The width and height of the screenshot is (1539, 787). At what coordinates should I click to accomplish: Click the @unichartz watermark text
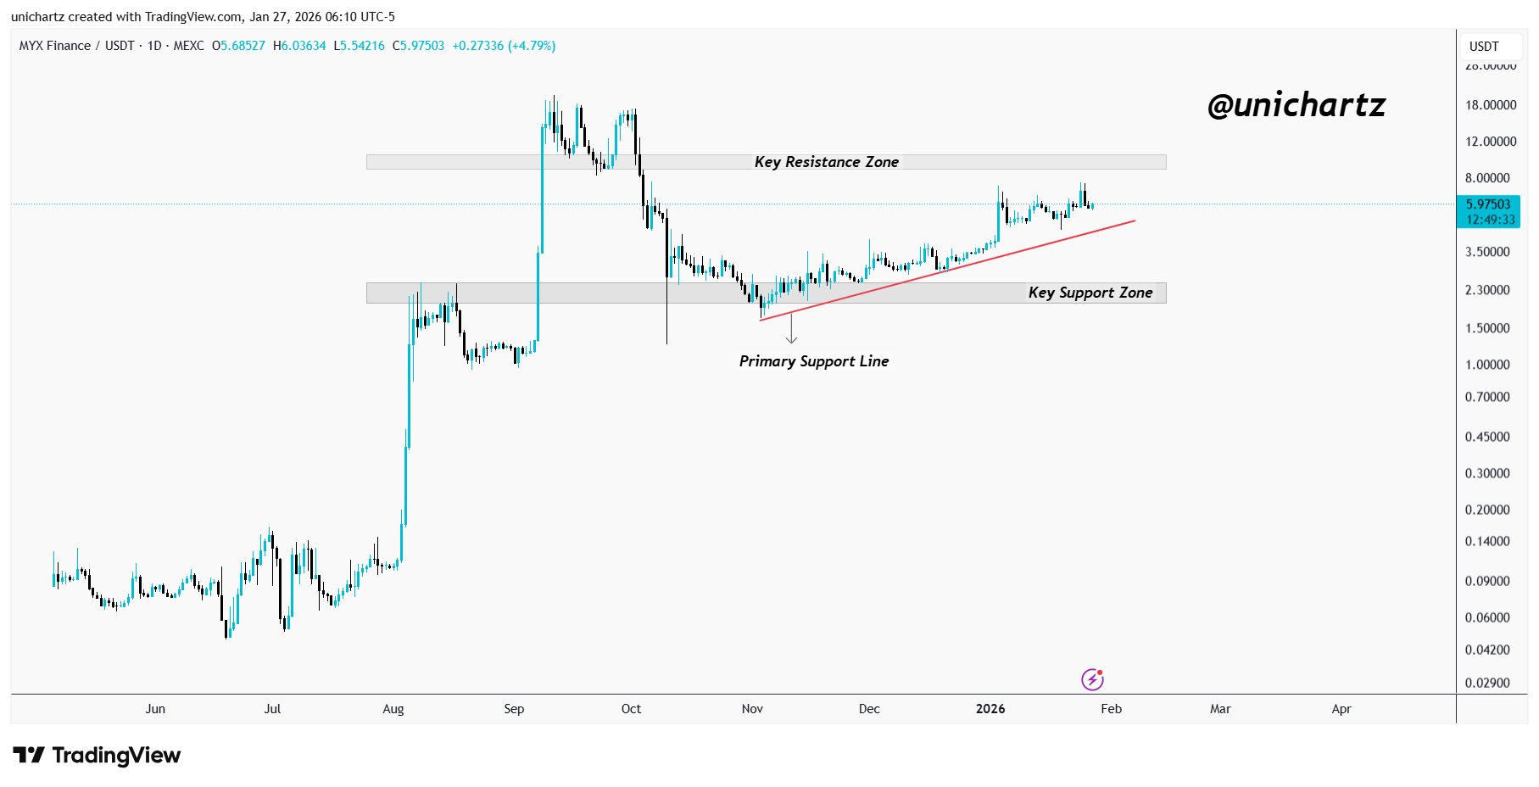pos(1296,105)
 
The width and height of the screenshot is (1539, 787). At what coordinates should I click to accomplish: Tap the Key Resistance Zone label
pos(826,162)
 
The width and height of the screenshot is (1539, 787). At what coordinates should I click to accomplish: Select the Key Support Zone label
pos(1090,293)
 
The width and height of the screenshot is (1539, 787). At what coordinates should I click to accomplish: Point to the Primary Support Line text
pos(813,361)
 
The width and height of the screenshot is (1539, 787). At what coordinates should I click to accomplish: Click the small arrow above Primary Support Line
pos(791,329)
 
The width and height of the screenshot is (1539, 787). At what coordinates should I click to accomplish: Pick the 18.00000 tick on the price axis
pos(1490,105)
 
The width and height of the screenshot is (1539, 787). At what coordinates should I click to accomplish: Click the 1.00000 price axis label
pos(1487,365)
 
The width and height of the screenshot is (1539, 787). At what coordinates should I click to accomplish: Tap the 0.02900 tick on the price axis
pos(1487,683)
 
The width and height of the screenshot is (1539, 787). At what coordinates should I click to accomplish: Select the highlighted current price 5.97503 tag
pos(1488,211)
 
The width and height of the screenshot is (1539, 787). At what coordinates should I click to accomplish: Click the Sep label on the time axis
pos(514,709)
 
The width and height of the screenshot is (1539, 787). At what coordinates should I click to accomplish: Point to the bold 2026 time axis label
pos(990,709)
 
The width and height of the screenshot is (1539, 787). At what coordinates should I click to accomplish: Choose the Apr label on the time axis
pos(1341,709)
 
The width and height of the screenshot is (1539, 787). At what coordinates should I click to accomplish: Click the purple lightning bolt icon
pos(1092,679)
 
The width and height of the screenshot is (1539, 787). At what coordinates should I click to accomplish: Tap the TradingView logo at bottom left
pos(97,755)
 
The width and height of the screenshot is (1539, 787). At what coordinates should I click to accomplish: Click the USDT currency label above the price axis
pos(1484,47)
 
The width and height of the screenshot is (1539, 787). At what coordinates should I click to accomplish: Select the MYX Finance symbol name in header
pos(55,46)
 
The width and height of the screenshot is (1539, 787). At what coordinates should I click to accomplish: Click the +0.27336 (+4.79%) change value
pos(504,46)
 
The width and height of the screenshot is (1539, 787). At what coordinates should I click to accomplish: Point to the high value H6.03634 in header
pos(299,46)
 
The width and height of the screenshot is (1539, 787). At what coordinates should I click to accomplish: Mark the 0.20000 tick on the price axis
pos(1487,510)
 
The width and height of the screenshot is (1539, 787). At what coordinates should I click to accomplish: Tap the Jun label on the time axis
pos(155,709)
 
